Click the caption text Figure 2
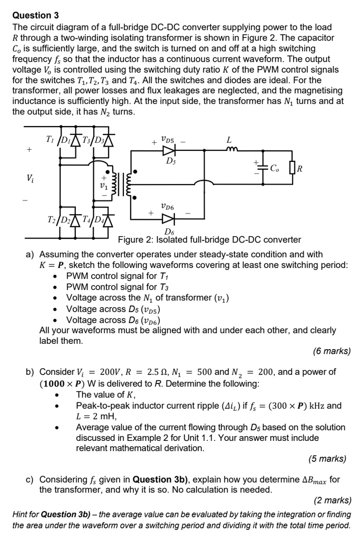(x=136, y=240)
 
